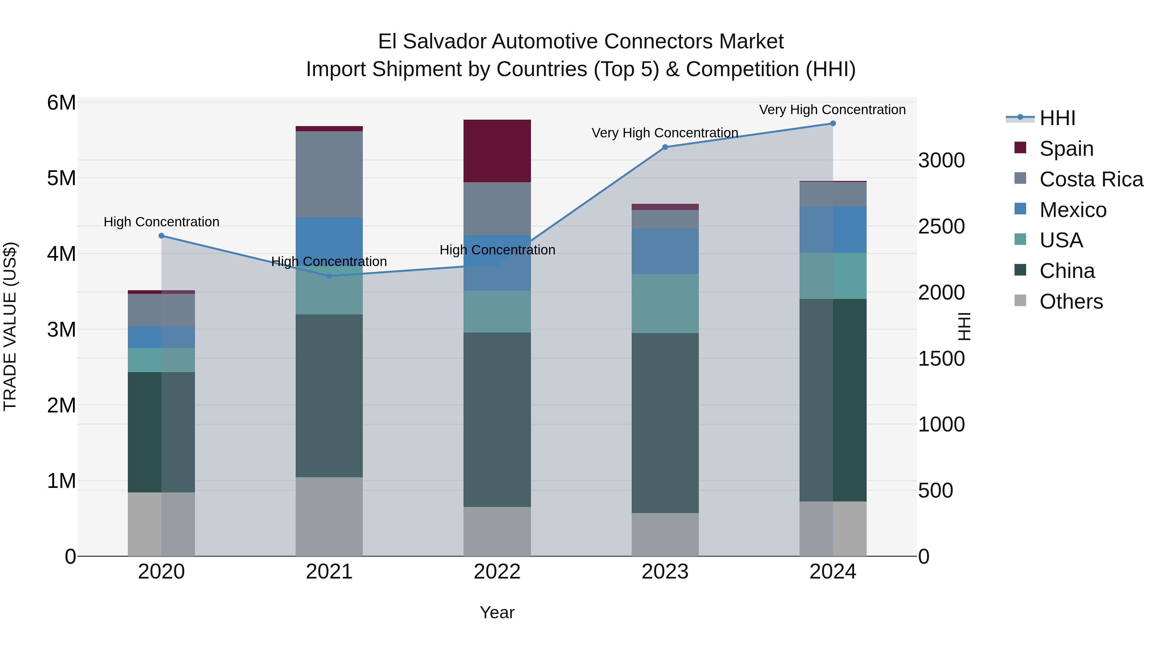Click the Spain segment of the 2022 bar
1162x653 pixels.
(497, 151)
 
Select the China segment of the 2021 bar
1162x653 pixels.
(329, 396)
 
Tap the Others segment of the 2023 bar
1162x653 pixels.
(665, 534)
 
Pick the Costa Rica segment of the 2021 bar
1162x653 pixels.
(329, 174)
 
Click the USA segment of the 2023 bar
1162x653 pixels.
(665, 304)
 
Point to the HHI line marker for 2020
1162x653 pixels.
(161, 236)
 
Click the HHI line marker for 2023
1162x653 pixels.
(665, 147)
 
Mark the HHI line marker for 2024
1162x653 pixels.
(833, 124)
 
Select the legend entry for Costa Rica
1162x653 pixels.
(1091, 179)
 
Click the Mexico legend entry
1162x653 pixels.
(1073, 210)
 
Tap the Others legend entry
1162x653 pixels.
(1071, 302)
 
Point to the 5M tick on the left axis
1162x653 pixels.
(61, 178)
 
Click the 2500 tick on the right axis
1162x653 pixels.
(942, 226)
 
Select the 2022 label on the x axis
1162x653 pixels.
(497, 572)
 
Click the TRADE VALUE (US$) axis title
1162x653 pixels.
(10, 326)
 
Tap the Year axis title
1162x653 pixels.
(497, 612)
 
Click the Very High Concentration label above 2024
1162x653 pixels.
(832, 110)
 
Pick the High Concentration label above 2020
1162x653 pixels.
(161, 222)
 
